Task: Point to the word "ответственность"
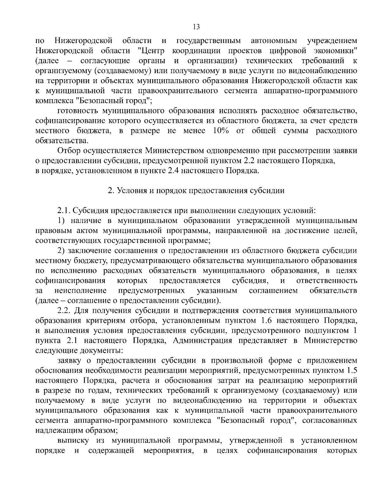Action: pos(326,281)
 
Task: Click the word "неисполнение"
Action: pos(81,291)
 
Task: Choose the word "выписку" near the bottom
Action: pos(71,440)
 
